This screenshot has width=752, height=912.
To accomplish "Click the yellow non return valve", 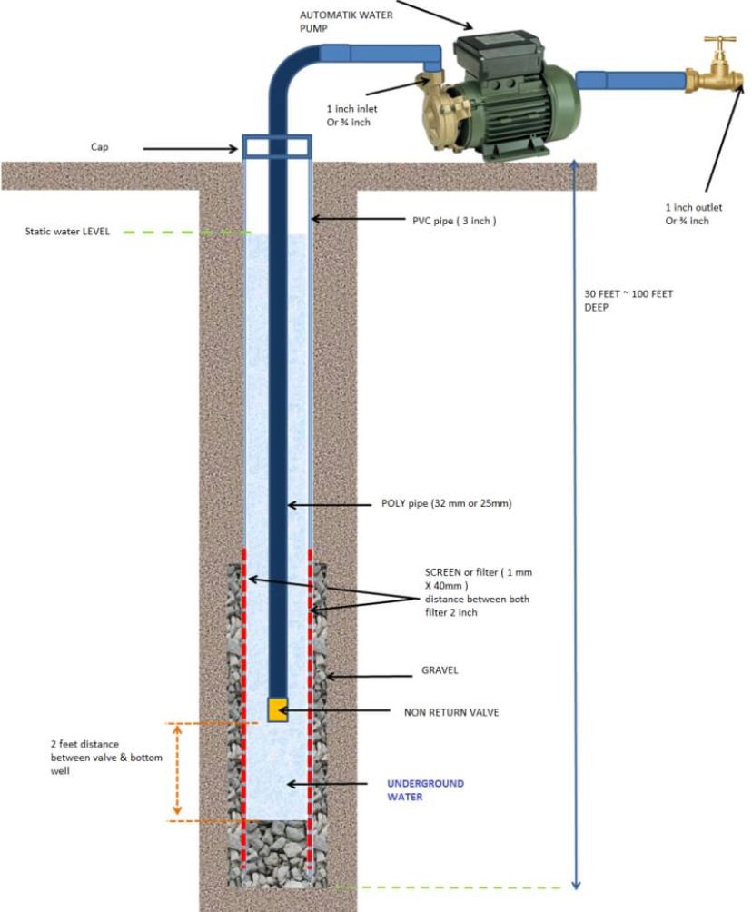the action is pos(277,709).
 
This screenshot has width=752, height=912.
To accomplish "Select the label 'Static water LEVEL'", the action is pos(67,232).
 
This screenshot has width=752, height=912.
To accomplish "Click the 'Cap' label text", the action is pos(100,146).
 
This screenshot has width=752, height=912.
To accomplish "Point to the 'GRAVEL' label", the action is pos(440,670).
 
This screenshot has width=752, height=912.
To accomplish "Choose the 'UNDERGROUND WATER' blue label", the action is pos(426,790).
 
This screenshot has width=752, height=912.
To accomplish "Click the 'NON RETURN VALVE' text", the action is pos(451,712).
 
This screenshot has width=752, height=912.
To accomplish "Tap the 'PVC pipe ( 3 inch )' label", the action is pos(454,221).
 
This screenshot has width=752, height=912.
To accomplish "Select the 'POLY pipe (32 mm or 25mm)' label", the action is pos(447,503).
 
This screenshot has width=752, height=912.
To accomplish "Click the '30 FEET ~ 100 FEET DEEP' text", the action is pos(628,301).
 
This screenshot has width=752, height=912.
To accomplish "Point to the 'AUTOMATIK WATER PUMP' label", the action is pos(346,22).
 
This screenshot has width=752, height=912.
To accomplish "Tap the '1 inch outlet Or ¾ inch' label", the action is pos(693,214).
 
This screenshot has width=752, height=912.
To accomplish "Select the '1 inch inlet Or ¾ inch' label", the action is pos(351,115).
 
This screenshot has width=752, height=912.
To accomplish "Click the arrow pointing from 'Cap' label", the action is pos(191,149).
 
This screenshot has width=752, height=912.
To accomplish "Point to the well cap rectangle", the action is pos(277,146).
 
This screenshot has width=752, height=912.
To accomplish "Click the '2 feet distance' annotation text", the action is pos(84,744).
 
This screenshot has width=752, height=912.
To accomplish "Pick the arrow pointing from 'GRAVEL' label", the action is pos(369,677).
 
